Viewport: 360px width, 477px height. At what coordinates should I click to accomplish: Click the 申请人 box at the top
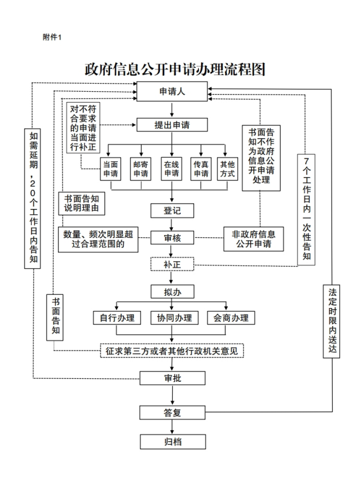(172, 91)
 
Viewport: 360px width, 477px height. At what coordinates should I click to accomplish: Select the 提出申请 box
(172, 125)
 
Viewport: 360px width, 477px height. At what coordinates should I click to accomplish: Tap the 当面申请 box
(111, 168)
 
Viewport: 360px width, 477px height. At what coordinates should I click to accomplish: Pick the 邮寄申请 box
(140, 168)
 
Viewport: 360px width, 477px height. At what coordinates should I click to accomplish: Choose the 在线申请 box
(172, 168)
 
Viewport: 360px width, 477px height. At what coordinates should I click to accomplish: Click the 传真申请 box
(201, 168)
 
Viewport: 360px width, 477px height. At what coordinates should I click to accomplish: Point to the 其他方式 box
(226, 168)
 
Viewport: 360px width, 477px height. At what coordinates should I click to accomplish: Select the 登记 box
(172, 209)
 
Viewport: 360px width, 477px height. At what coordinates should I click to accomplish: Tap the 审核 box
(172, 237)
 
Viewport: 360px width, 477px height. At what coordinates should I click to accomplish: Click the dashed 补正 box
(172, 265)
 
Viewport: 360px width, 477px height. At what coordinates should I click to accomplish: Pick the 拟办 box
(172, 291)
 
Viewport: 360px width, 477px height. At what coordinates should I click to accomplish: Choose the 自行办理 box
(117, 318)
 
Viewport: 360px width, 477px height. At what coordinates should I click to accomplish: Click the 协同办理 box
(172, 318)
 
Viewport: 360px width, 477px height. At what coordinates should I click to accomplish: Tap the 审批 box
(172, 378)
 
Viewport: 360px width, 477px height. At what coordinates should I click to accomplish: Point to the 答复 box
(172, 412)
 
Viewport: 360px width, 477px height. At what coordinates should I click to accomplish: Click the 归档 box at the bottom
(172, 442)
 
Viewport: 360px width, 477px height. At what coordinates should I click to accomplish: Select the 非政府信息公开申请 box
(253, 238)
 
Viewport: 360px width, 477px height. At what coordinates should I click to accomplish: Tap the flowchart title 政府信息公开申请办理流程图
(175, 69)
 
